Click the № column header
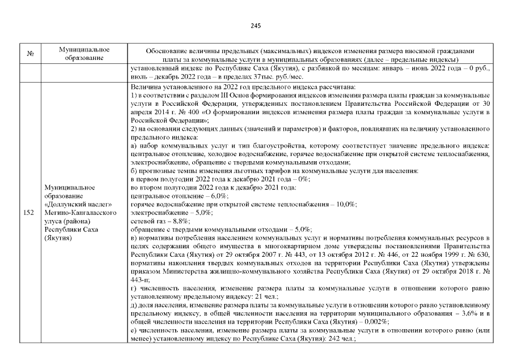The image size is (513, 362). [29, 54]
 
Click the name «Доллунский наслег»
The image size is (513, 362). [78, 205]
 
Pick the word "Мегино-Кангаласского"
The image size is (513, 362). [80, 213]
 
